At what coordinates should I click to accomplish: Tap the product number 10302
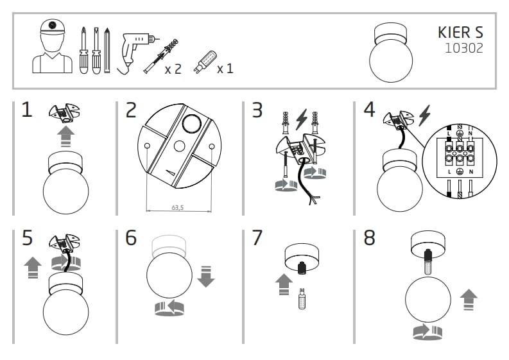[464, 47]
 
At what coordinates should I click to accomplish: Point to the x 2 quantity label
[173, 68]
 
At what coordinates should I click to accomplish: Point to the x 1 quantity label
[225, 68]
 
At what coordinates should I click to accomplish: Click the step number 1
[26, 110]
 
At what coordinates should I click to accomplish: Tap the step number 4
[369, 110]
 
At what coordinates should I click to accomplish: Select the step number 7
[257, 237]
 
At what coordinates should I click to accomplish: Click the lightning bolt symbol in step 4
[424, 116]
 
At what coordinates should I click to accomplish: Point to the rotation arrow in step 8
[428, 332]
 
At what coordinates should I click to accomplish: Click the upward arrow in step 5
[33, 266]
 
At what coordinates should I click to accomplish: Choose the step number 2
[131, 110]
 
